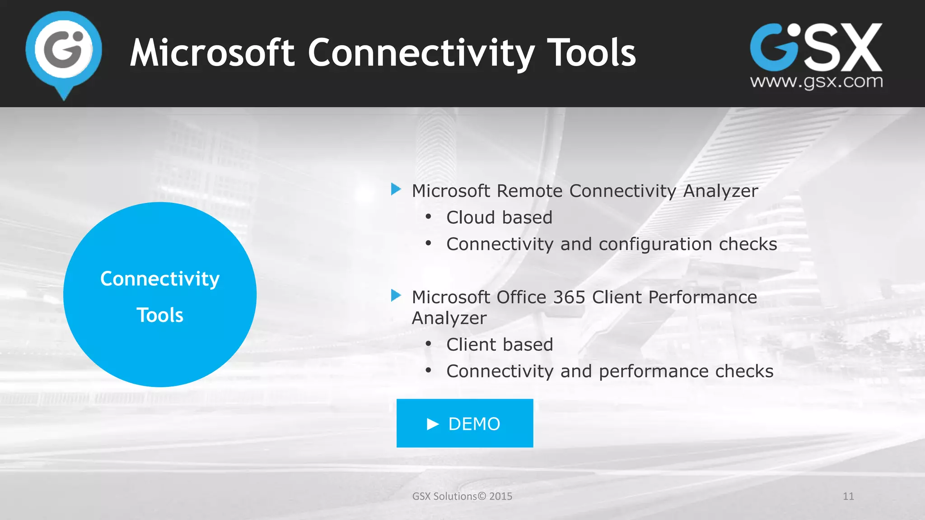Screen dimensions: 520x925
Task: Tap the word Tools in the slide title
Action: (x=591, y=53)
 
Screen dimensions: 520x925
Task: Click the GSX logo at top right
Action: (x=816, y=47)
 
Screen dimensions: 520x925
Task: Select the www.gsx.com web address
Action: (x=816, y=82)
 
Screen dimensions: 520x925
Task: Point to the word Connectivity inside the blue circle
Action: (x=160, y=279)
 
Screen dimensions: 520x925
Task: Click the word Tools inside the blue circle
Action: (x=160, y=315)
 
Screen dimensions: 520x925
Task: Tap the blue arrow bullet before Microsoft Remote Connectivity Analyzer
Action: (x=396, y=189)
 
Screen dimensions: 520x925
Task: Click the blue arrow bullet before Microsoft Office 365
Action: (x=396, y=296)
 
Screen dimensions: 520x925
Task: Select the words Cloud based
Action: (x=499, y=218)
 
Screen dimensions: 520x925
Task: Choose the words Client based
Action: (x=500, y=345)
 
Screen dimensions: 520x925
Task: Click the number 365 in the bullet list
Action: (x=569, y=297)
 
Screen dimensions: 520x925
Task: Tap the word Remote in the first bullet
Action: (x=529, y=191)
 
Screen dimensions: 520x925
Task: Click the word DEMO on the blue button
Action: (x=474, y=424)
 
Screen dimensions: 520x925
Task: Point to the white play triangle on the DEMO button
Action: (x=433, y=424)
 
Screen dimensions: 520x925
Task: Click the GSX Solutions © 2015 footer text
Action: (x=462, y=496)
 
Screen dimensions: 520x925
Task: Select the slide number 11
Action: (x=848, y=496)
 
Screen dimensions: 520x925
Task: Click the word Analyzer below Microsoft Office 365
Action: (x=449, y=318)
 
